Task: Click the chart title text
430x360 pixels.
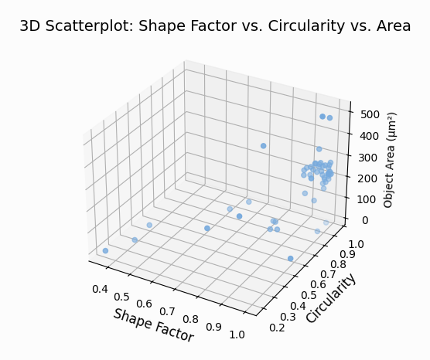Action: click(x=215, y=26)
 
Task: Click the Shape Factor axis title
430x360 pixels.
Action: click(x=153, y=325)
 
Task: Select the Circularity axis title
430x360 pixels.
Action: click(x=331, y=297)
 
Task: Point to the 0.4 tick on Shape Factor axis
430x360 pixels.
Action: click(x=101, y=288)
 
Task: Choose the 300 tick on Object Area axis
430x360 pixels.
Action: click(x=367, y=157)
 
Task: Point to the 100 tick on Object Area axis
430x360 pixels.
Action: click(x=367, y=199)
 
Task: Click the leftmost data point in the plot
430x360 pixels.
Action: click(x=105, y=251)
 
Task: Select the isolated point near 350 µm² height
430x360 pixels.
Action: click(x=264, y=146)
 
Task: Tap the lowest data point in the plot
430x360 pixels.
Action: click(x=291, y=259)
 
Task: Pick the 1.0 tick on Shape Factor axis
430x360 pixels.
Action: click(x=238, y=335)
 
